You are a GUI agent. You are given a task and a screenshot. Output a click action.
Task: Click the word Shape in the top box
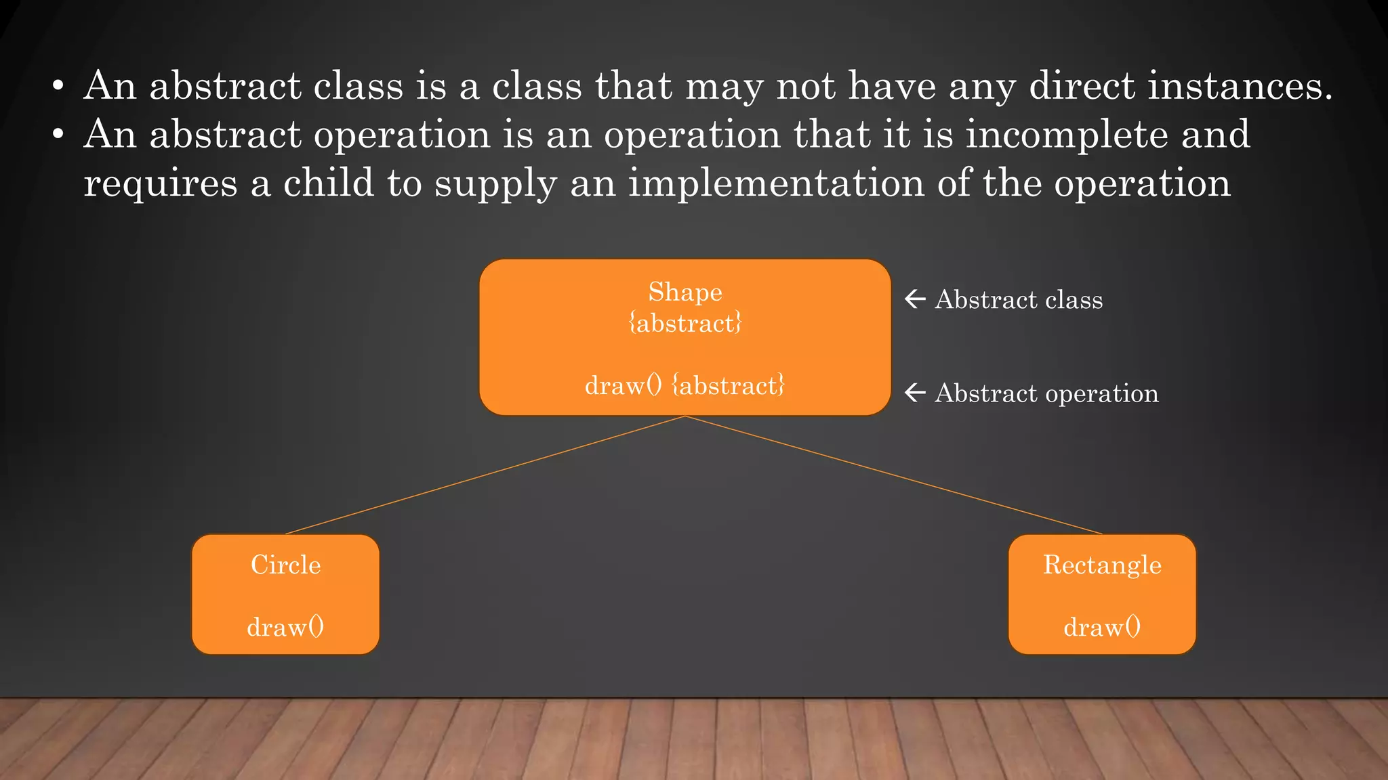(x=685, y=292)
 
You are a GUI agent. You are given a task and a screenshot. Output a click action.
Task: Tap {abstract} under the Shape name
(x=685, y=323)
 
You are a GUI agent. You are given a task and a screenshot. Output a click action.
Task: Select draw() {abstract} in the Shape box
(x=685, y=385)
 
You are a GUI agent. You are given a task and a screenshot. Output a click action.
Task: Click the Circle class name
(x=285, y=565)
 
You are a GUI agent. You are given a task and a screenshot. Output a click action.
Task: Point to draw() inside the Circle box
(x=285, y=627)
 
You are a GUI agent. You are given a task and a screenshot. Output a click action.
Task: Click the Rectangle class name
(x=1102, y=565)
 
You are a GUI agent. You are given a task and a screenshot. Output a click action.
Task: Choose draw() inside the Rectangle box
(x=1102, y=627)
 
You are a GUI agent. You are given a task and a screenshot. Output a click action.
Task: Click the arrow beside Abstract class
(x=915, y=299)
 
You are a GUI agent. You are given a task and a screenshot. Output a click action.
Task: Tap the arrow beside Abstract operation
(x=915, y=392)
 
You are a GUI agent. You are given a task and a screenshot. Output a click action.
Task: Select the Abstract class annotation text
(x=1019, y=299)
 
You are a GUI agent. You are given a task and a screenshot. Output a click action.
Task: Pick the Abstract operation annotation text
(x=1046, y=393)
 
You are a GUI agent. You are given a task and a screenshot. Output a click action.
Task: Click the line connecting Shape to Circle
(x=485, y=475)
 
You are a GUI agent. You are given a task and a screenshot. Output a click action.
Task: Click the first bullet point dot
(x=58, y=87)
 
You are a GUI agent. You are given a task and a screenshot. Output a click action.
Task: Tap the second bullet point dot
(x=58, y=135)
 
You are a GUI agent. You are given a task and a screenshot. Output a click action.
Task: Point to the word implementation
(x=776, y=183)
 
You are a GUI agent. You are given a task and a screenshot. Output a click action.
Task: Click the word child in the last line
(x=328, y=183)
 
